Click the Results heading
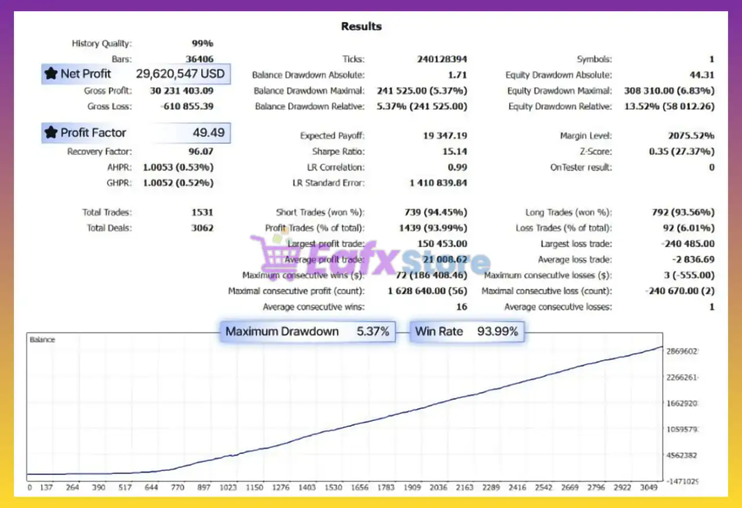tap(361, 26)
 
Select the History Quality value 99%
tap(202, 43)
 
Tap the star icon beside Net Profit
tap(51, 74)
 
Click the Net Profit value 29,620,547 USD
tap(180, 74)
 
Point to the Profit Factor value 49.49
tap(209, 133)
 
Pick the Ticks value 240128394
tap(442, 59)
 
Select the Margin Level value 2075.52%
tap(691, 136)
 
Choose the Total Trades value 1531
tap(202, 212)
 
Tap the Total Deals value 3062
tap(202, 228)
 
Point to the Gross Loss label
tap(110, 106)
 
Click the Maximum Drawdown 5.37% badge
tap(307, 332)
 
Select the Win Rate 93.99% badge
tap(467, 332)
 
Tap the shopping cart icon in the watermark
tap(270, 255)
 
